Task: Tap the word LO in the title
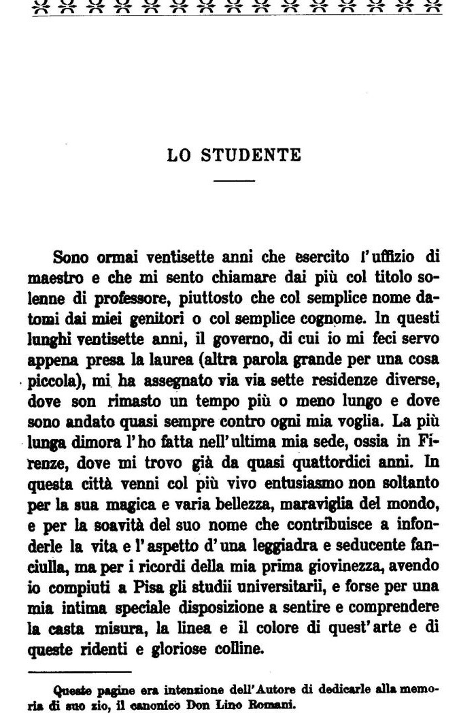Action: click(179, 155)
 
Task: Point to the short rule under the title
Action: click(234, 181)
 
